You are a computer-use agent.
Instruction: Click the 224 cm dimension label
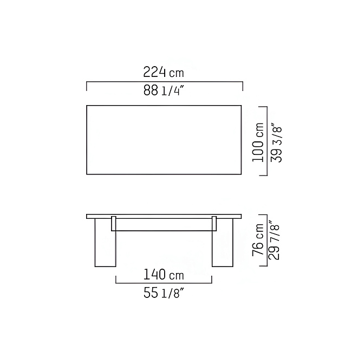164,72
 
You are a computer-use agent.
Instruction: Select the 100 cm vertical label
258,142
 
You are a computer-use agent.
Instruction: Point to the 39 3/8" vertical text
276,144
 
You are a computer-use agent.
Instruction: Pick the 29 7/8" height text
275,240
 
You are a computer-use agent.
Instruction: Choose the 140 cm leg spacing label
164,275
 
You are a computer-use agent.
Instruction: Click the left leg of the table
105,243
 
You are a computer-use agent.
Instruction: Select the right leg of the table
223,243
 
